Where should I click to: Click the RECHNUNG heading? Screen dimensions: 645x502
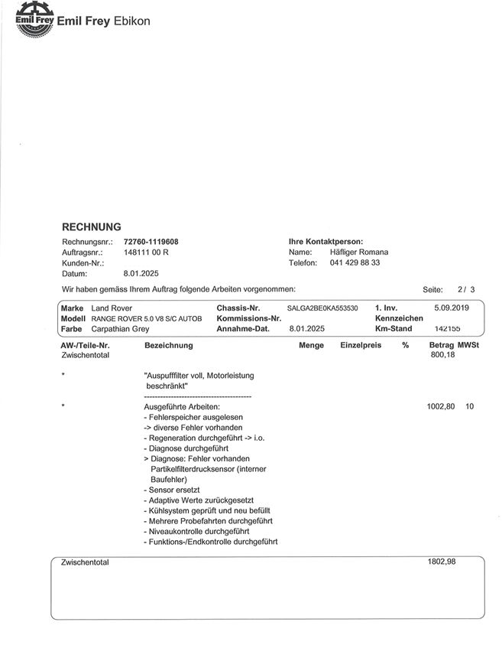click(x=91, y=227)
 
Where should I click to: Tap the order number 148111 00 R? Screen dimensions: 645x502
click(x=146, y=252)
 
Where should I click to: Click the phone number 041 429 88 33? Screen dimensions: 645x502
click(x=355, y=262)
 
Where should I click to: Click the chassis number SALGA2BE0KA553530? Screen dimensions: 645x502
click(x=322, y=308)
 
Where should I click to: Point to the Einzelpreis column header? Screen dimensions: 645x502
click(x=361, y=345)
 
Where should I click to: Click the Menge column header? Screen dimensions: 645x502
click(x=311, y=345)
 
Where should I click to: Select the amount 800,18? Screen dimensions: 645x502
click(x=442, y=355)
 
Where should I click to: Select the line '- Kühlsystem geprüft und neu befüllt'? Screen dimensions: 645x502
click(x=206, y=510)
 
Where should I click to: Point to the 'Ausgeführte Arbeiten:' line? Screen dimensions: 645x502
click(x=182, y=407)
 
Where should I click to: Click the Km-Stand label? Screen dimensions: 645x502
click(x=394, y=328)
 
